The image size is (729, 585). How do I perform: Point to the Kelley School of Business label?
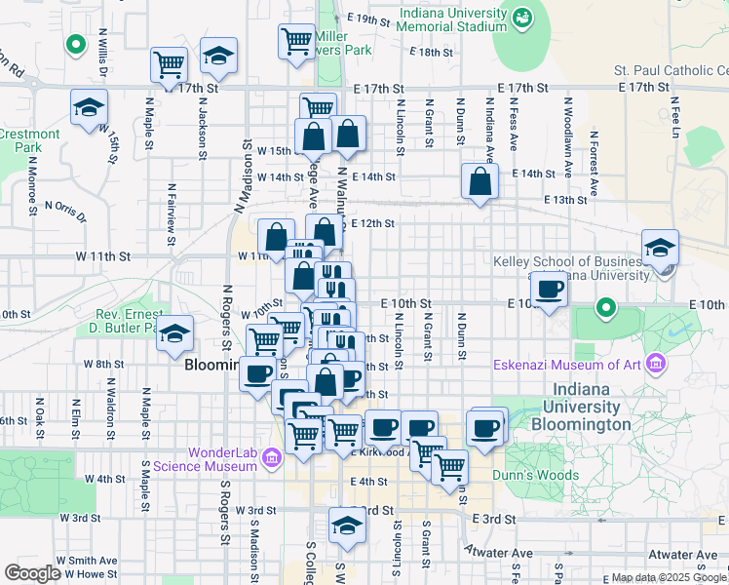pyautogui.click(x=571, y=268)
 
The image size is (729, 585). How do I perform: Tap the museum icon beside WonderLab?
pyautogui.click(x=272, y=457)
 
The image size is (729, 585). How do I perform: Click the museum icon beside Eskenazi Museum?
pyautogui.click(x=655, y=366)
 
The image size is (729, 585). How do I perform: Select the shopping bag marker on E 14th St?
pyautogui.click(x=480, y=182)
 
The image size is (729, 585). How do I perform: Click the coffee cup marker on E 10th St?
pyautogui.click(x=550, y=290)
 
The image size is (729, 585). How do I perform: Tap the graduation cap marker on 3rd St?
pyautogui.click(x=346, y=526)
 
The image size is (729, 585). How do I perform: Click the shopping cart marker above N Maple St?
pyautogui.click(x=169, y=65)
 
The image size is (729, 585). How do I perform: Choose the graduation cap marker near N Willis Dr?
pyautogui.click(x=89, y=108)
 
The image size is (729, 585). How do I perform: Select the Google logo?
pyautogui.click(x=32, y=573)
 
